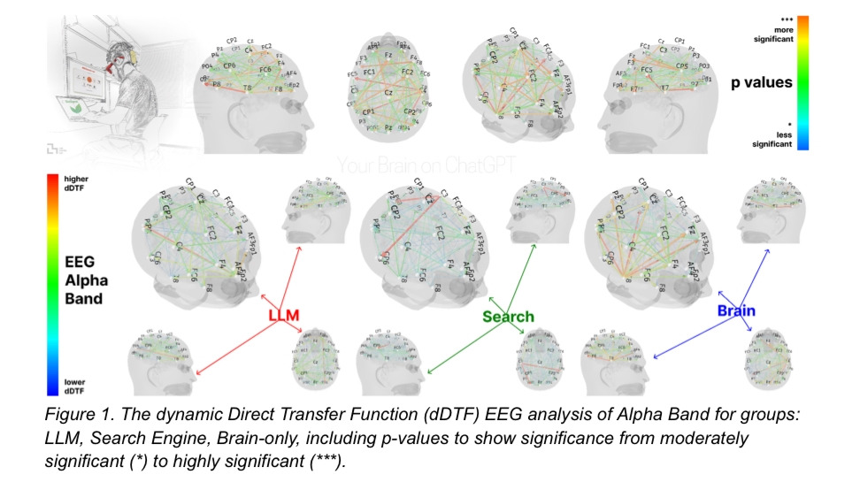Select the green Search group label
tap(508, 316)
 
